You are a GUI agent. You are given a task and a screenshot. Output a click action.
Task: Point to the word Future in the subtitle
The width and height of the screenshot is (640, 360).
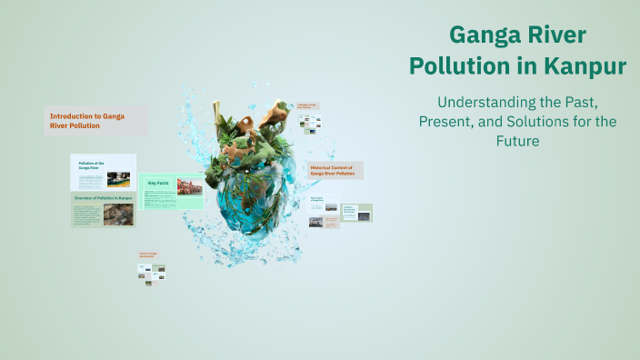[518, 142]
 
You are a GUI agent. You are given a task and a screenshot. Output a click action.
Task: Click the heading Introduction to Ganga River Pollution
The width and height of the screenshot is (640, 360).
[86, 121]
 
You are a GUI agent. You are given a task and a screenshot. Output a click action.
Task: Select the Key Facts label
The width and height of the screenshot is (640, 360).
[158, 184]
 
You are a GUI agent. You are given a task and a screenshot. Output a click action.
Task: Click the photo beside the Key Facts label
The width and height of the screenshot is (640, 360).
[189, 186]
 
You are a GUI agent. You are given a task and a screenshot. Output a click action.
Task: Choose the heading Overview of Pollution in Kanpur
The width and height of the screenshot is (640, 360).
[103, 197]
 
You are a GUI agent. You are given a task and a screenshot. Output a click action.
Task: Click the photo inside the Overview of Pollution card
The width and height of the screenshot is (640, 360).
[117, 215]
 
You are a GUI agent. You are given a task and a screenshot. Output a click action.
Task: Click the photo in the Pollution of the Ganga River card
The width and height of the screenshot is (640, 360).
[118, 179]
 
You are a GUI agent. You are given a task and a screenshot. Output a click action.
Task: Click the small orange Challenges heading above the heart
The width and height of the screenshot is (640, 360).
[307, 106]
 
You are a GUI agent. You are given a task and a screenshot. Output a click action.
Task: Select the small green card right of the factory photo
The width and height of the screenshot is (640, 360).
[356, 213]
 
